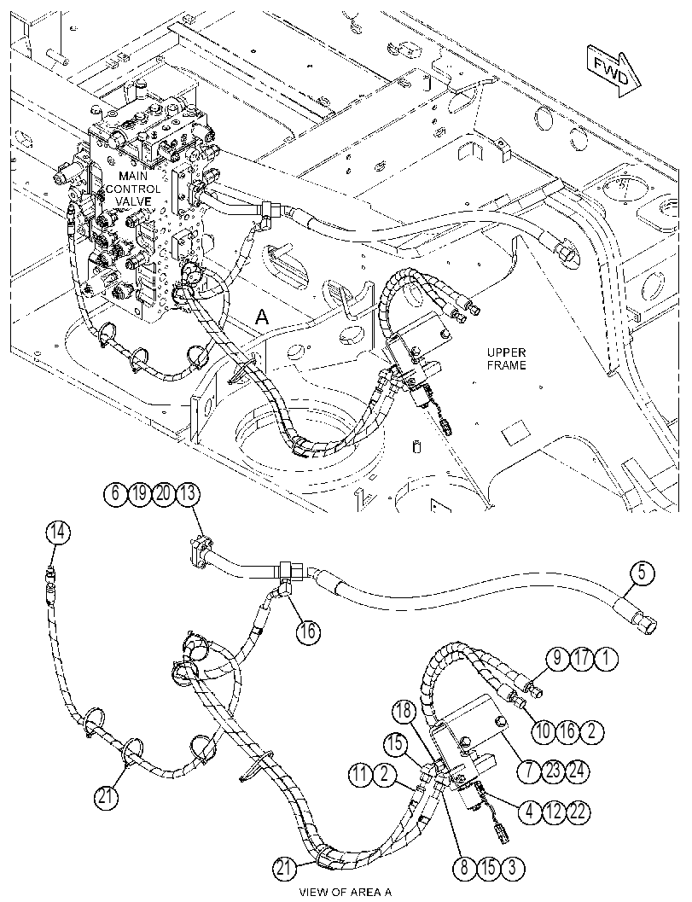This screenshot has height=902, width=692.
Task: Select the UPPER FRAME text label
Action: (x=506, y=358)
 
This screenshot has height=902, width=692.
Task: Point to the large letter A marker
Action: (x=262, y=316)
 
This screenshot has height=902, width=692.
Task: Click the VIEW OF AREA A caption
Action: (x=345, y=893)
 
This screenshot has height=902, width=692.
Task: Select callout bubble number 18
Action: (x=404, y=711)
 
